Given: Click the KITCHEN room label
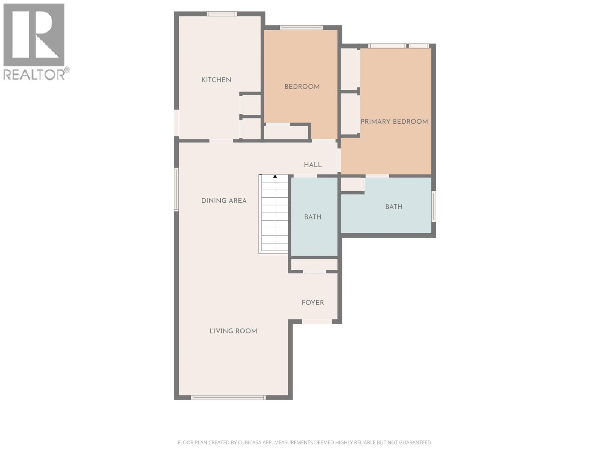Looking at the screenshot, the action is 216,80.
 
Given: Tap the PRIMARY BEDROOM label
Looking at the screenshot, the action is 394,121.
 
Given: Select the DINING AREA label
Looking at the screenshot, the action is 224,201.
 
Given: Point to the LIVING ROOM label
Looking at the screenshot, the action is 233,331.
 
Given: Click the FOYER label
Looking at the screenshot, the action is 313,303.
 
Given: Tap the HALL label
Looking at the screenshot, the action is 313,165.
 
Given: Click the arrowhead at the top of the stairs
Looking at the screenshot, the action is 275,176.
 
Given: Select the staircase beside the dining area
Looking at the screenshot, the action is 273,214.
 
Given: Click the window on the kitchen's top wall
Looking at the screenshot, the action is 222,14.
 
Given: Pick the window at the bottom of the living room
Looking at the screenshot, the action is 228,398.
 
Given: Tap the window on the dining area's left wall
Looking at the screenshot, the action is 176,189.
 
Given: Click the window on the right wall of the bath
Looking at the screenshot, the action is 433,206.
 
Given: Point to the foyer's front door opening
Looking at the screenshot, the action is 317,321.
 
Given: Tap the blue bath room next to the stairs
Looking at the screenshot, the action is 314,217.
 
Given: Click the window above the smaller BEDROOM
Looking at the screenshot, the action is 301,27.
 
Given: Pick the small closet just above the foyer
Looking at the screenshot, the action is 314,265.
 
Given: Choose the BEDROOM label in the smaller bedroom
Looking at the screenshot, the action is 302,87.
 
